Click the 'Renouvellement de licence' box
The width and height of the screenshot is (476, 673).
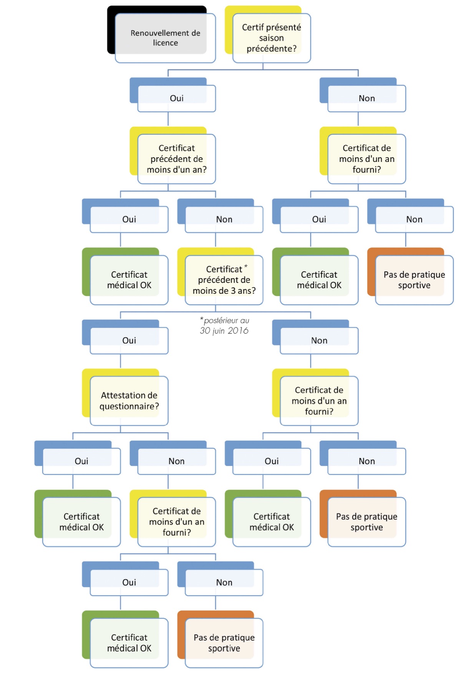(165, 38)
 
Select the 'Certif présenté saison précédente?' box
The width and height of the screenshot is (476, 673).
(271, 38)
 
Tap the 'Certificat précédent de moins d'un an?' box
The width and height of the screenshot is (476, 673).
(176, 159)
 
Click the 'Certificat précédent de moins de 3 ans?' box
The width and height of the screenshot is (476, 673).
(224, 280)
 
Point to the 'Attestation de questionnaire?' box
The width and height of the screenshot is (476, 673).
(129, 401)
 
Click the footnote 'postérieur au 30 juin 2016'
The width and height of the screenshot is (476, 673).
(224, 326)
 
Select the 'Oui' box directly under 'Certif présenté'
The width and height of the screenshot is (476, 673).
(176, 98)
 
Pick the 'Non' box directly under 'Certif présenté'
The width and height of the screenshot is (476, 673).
(367, 98)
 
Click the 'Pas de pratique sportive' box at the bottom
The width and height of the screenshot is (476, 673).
(224, 643)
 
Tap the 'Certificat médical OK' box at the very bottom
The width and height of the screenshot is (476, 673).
(129, 643)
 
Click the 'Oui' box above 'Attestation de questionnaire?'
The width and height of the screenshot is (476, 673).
(129, 340)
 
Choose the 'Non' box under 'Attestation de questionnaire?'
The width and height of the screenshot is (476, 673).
(176, 461)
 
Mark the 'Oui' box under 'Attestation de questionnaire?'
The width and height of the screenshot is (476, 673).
(81, 461)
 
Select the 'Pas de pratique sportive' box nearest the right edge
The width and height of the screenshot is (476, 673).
(414, 280)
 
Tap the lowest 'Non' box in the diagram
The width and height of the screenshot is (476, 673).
(224, 582)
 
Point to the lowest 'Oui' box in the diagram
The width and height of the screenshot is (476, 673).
(129, 582)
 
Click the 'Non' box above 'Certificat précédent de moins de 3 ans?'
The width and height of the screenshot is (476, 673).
(224, 219)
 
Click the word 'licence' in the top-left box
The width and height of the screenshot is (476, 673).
(165, 43)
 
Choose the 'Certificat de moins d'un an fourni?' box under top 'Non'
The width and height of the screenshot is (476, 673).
(367, 159)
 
